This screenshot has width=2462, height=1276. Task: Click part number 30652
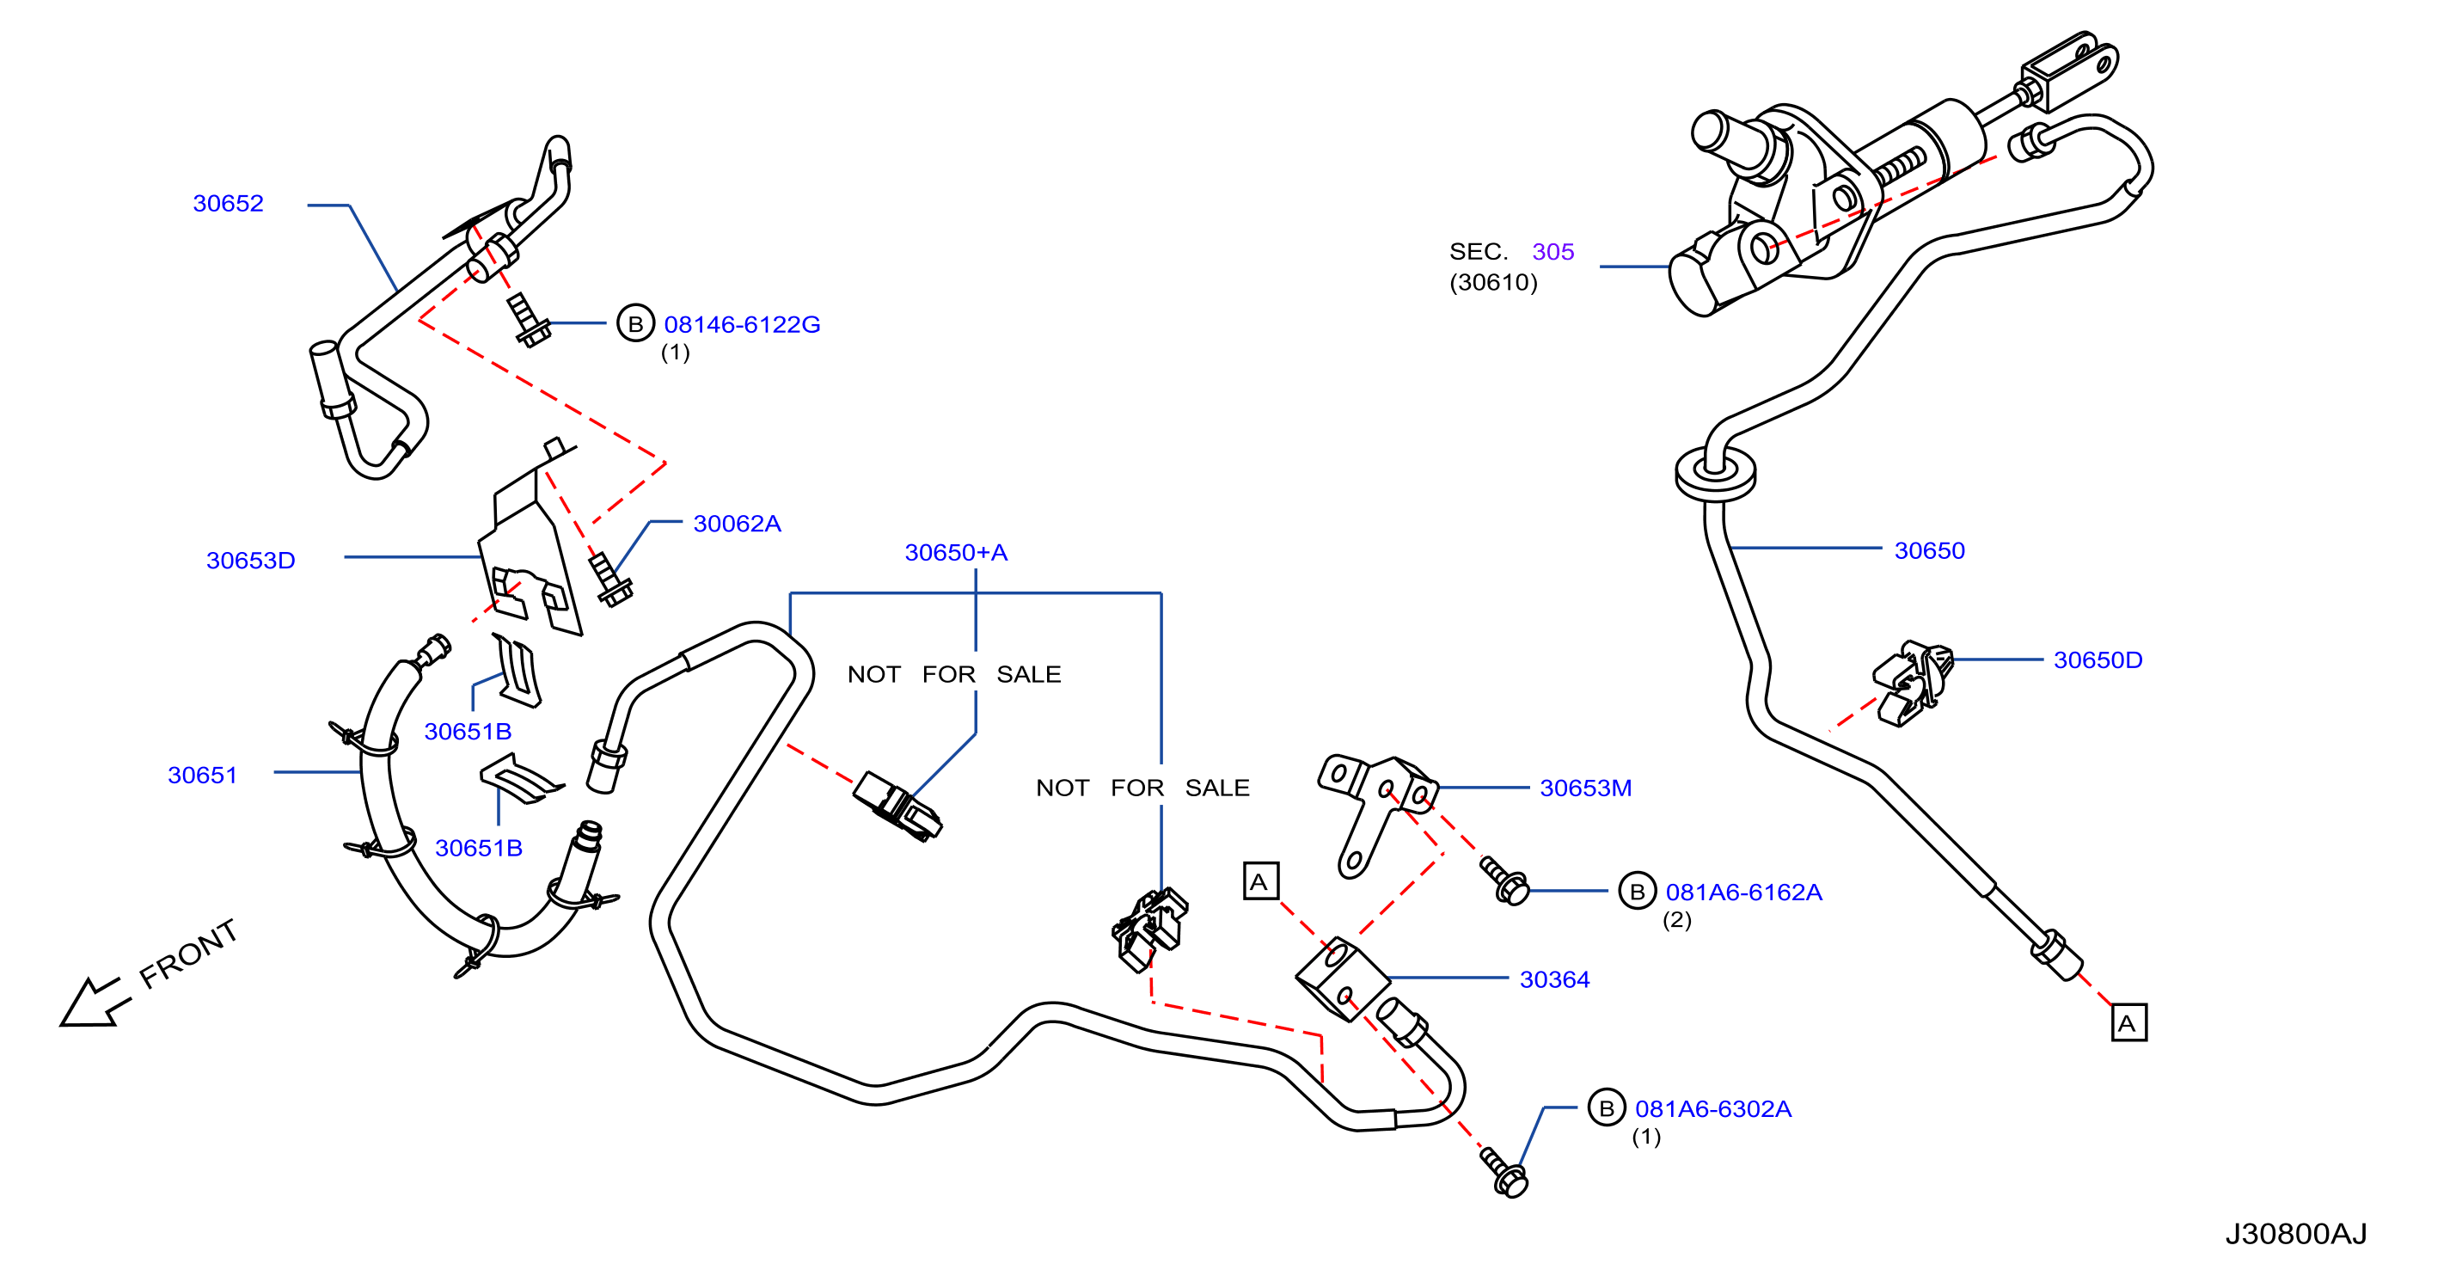(228, 204)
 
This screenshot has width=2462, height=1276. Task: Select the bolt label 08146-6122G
(742, 325)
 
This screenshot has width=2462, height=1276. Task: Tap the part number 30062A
(737, 524)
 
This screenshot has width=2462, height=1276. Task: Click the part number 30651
(202, 776)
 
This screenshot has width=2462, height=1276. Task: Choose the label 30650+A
(956, 553)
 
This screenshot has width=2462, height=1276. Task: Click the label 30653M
(1585, 788)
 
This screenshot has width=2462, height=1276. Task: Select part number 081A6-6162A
(1743, 893)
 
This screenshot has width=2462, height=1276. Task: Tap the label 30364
(1554, 979)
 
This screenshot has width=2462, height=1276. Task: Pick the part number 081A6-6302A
(1712, 1110)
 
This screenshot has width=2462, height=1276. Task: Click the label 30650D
(2098, 660)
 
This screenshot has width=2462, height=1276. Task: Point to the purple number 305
(1553, 252)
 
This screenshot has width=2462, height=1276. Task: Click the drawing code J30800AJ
(2296, 1235)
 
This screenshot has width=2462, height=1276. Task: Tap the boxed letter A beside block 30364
(1259, 881)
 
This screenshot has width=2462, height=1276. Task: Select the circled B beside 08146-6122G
(635, 324)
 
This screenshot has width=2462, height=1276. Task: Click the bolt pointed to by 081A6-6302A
(1504, 1173)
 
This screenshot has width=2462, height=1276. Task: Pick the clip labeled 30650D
(1912, 683)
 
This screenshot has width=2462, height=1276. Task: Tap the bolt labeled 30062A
(609, 580)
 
